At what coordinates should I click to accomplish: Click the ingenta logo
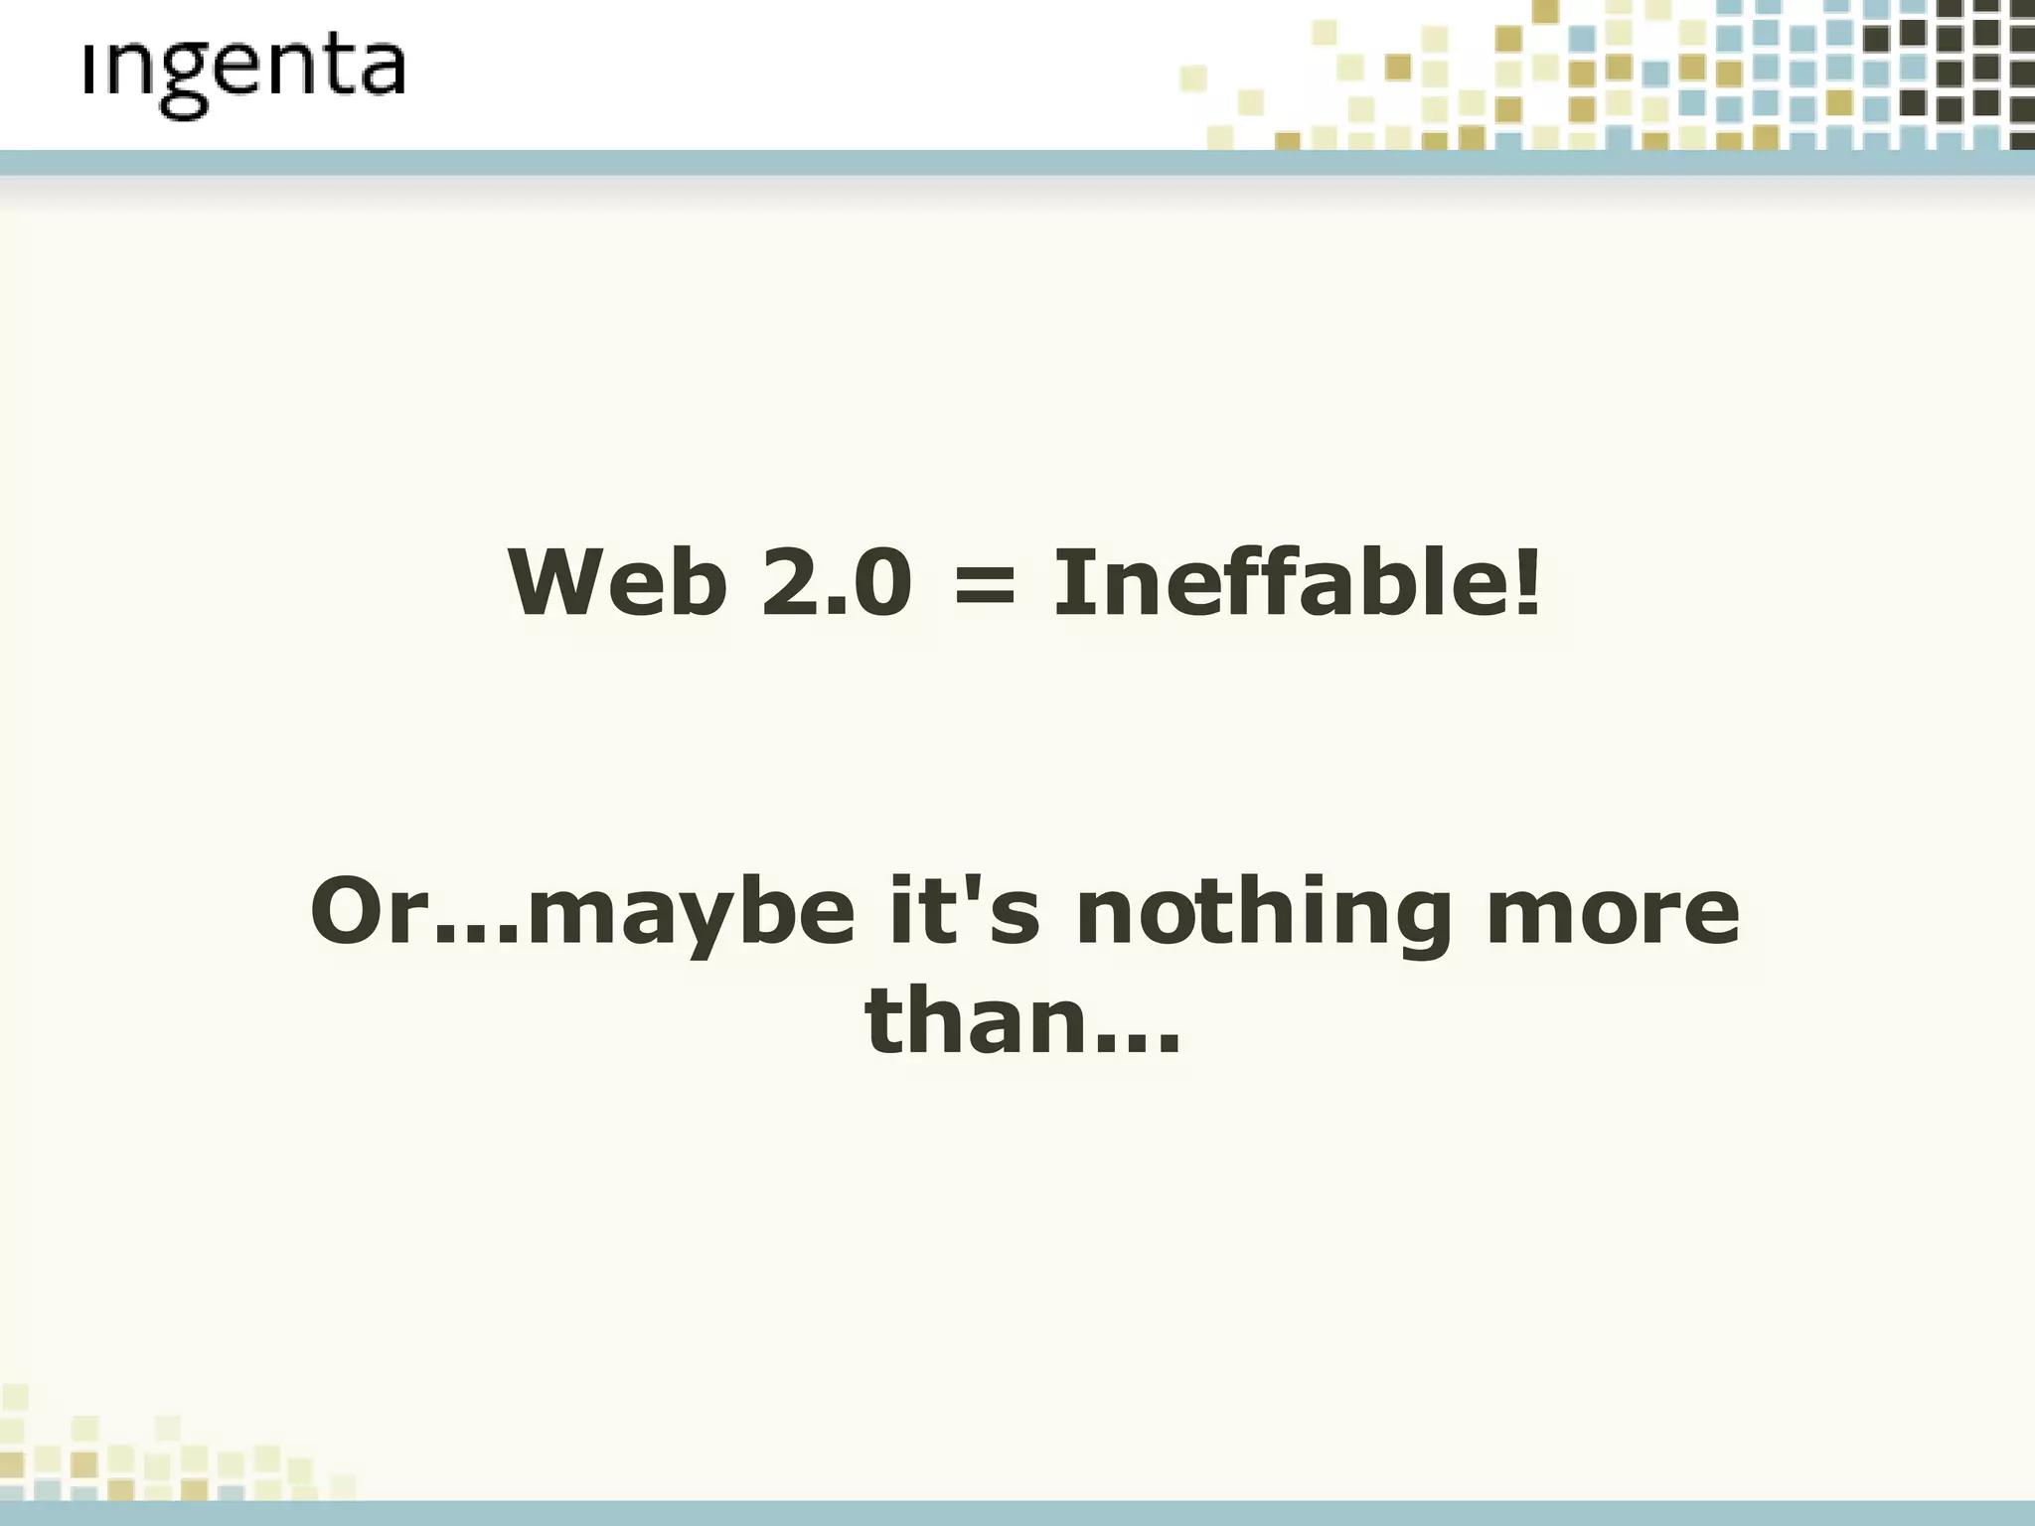click(244, 76)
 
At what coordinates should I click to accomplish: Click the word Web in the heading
click(616, 583)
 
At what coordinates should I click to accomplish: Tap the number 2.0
click(836, 583)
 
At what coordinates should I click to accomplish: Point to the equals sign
click(984, 585)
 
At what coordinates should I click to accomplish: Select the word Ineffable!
click(1297, 583)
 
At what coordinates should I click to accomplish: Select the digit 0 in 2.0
click(879, 583)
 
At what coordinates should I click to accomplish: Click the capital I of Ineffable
click(1068, 583)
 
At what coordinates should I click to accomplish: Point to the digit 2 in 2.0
click(789, 583)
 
